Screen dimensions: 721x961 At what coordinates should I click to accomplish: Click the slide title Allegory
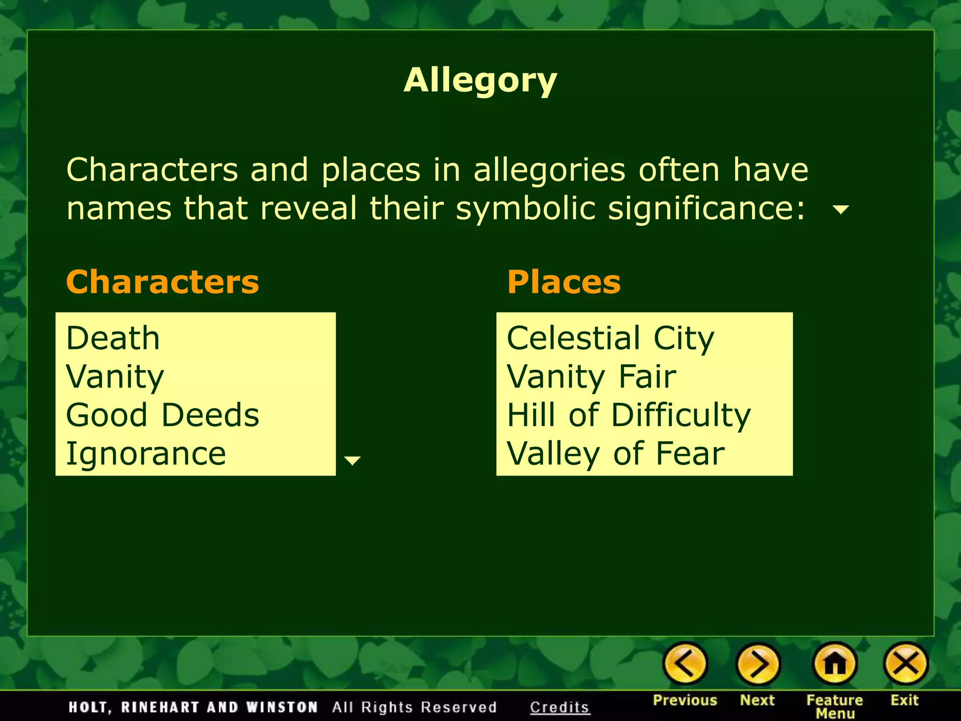click(480, 81)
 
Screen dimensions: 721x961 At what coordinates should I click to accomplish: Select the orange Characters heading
click(162, 282)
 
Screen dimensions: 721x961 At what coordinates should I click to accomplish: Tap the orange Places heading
click(564, 282)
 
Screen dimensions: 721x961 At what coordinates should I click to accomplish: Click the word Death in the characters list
click(113, 338)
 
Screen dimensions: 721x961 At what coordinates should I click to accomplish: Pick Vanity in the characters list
click(115, 377)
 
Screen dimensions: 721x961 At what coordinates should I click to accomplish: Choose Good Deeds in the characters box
click(162, 415)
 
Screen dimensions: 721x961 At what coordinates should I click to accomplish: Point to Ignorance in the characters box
click(146, 454)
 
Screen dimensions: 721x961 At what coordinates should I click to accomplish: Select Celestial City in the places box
click(610, 338)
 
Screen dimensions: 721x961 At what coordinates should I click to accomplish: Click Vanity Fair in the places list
click(591, 377)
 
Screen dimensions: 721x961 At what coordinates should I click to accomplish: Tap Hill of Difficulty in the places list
click(629, 415)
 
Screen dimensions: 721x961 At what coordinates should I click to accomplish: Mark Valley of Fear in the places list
click(616, 454)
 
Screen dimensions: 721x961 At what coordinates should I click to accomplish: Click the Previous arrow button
click(685, 664)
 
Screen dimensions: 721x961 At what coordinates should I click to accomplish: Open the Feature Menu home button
click(835, 664)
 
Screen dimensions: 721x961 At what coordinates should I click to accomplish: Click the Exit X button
click(906, 664)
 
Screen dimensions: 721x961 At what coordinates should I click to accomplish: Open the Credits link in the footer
click(559, 707)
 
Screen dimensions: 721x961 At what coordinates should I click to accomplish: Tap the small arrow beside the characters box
click(352, 460)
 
